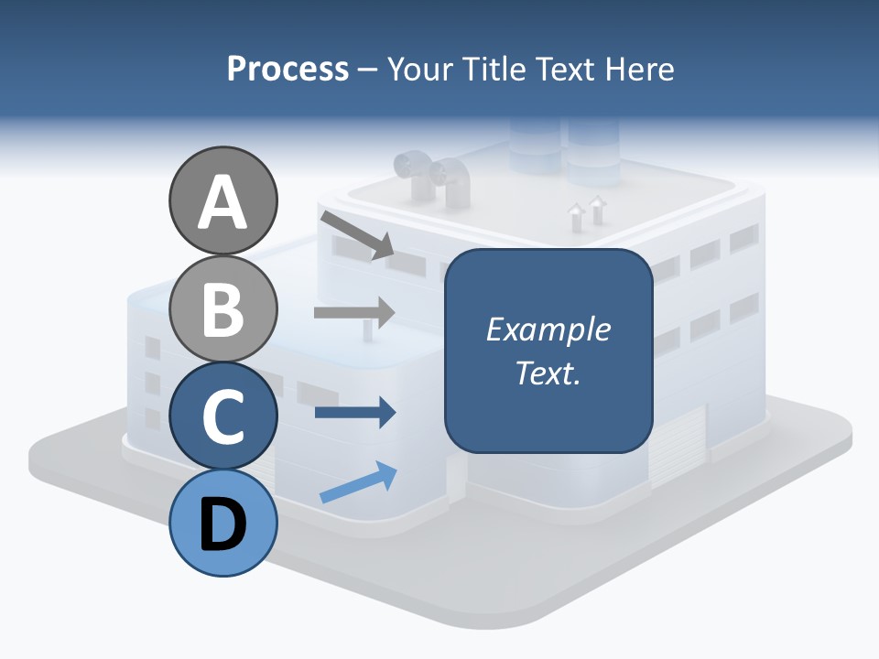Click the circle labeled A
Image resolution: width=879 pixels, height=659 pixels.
pyautogui.click(x=222, y=200)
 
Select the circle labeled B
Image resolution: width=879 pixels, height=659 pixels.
pyautogui.click(x=222, y=308)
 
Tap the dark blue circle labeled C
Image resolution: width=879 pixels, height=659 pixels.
pyautogui.click(x=222, y=416)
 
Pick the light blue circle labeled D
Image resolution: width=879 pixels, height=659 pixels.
pyautogui.click(x=222, y=523)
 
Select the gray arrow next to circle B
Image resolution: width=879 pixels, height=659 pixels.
pyautogui.click(x=354, y=312)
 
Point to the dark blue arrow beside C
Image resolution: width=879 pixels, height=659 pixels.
pyautogui.click(x=354, y=413)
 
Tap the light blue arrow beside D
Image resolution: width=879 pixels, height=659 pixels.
pyautogui.click(x=358, y=482)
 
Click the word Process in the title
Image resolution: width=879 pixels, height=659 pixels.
pyautogui.click(x=288, y=69)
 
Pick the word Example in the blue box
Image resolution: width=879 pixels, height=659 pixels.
pyautogui.click(x=548, y=329)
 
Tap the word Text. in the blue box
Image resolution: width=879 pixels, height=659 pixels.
pyautogui.click(x=548, y=373)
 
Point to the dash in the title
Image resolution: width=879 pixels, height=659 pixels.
pyautogui.click(x=368, y=70)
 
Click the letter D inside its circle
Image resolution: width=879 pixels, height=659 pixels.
pyautogui.click(x=222, y=524)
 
